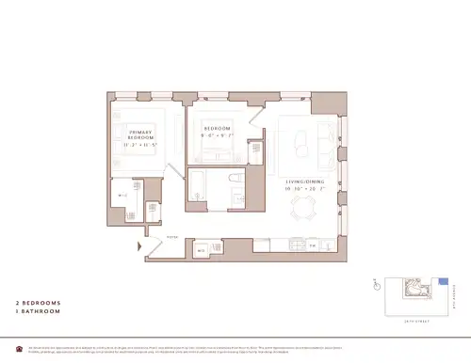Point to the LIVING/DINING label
pyautogui.click(x=307, y=181)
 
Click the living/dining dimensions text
pyautogui.click(x=307, y=190)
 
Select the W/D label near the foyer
pyautogui.click(x=202, y=251)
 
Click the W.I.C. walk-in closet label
pyautogui.click(x=122, y=197)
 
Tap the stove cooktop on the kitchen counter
pyautogui.click(x=287, y=247)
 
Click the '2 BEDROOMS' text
pyautogui.click(x=37, y=303)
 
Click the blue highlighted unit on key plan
pyautogui.click(x=442, y=280)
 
